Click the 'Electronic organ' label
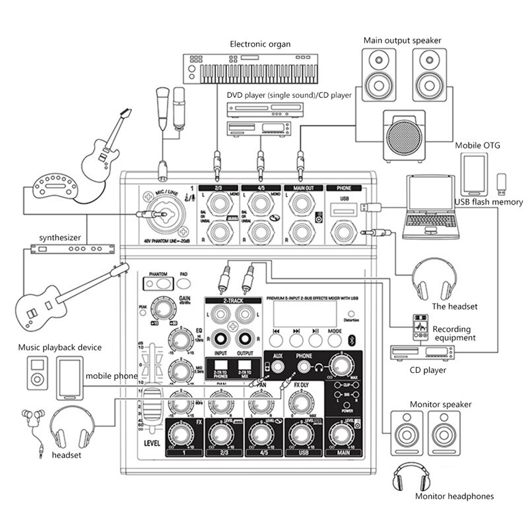260,44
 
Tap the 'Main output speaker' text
402,40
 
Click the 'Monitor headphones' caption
454,496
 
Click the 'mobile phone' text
112,376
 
